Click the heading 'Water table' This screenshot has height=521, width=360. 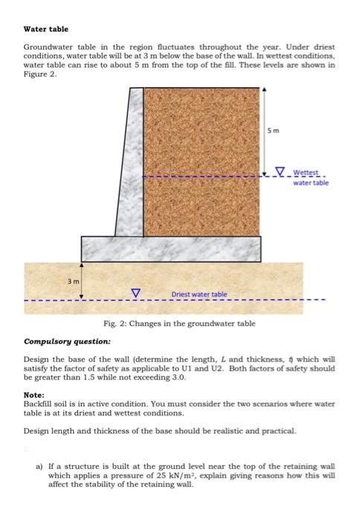point(46,29)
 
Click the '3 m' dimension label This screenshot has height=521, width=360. point(72,281)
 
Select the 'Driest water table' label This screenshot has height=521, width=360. point(199,295)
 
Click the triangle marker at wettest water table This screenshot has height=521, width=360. point(279,171)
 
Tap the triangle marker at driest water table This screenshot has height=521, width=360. point(135,295)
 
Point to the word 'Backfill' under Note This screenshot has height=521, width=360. point(38,403)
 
